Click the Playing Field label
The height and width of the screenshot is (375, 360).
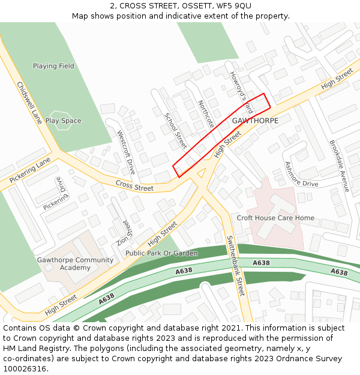pos(53,66)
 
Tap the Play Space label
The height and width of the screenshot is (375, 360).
pos(63,121)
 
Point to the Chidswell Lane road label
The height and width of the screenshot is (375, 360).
pos(29,103)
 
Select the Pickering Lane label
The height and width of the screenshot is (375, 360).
pos(31,171)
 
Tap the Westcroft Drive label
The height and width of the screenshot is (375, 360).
pos(126,152)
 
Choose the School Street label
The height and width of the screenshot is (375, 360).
pos(176,130)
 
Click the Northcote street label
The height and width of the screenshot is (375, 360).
pos(206,114)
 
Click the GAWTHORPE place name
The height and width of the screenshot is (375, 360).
pos(255,121)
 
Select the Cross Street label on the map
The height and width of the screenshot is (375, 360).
pos(134,187)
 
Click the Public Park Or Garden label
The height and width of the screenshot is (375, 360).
pos(161,253)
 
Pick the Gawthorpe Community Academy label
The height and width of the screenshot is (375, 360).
pos(75,263)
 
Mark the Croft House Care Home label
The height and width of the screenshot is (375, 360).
pos(275,218)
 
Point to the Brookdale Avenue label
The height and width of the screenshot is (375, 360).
pos(339,166)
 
